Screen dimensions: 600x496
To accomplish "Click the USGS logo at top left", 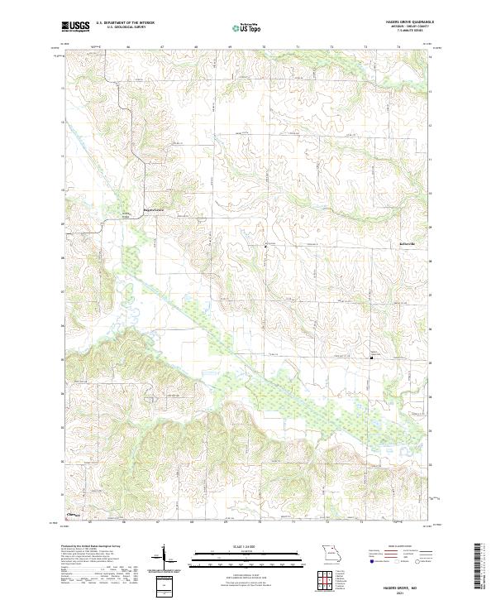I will (x=75, y=26).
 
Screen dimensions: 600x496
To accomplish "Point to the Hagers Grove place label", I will (x=155, y=209).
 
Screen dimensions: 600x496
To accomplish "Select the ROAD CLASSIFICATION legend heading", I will (x=395, y=547).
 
